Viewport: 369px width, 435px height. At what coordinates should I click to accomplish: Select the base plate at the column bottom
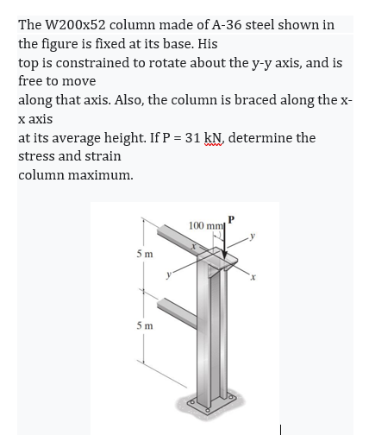point(216,407)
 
